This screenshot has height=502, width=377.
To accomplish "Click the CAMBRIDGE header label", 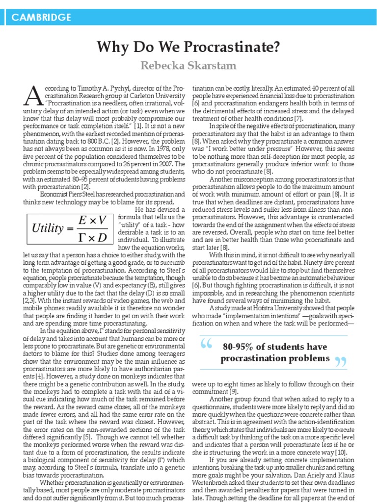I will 41,18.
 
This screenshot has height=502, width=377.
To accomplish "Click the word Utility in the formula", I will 48,227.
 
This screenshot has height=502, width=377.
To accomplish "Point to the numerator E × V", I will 93,220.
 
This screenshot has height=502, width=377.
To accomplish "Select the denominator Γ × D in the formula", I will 93,236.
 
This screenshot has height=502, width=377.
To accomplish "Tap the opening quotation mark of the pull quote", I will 207,347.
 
